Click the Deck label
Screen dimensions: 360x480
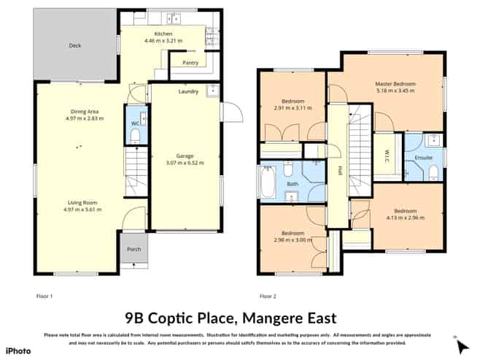coord(74,45)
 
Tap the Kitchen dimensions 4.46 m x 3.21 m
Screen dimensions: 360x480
coord(168,41)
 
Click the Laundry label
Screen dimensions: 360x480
coord(188,91)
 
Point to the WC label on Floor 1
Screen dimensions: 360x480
coord(134,123)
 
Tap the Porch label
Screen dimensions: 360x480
coord(133,250)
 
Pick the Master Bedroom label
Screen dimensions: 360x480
coord(395,84)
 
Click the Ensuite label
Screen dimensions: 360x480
coord(423,157)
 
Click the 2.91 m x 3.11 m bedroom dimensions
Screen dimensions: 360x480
coord(293,107)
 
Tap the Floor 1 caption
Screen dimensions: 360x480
coord(45,296)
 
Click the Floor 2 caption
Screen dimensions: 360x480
coord(268,296)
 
